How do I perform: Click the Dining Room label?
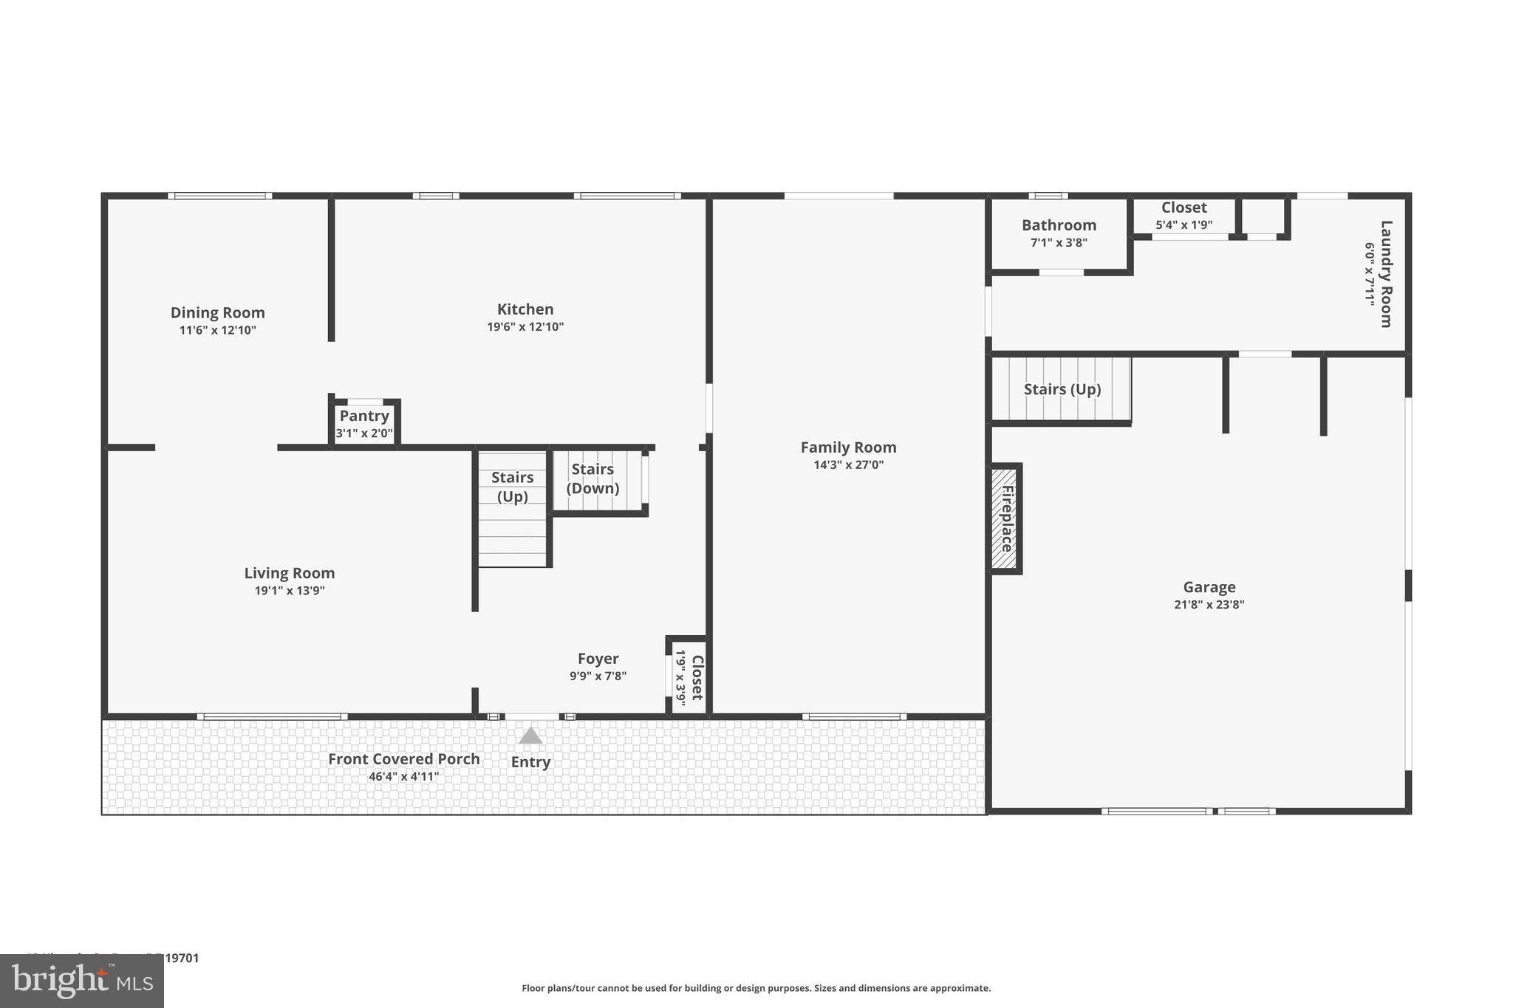pos(217,312)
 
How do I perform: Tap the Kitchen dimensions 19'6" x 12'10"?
pos(525,327)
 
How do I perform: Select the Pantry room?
pos(364,424)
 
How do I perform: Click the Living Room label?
pos(290,573)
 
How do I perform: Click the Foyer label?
pos(598,659)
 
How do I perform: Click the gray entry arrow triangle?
pos(530,736)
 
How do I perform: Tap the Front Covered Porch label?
pos(404,759)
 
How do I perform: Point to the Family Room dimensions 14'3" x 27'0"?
pos(848,465)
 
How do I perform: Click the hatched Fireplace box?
pos(1005,518)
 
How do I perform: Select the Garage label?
pos(1209,587)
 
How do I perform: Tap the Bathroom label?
pos(1059,225)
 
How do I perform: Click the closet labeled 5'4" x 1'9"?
pos(1184,216)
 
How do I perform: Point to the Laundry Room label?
pos(1386,273)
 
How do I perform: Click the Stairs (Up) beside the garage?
pos(1062,389)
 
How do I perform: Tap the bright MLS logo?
pos(82,981)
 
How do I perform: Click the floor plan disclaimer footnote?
pos(756,988)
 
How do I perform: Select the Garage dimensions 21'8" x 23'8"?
pos(1209,605)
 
